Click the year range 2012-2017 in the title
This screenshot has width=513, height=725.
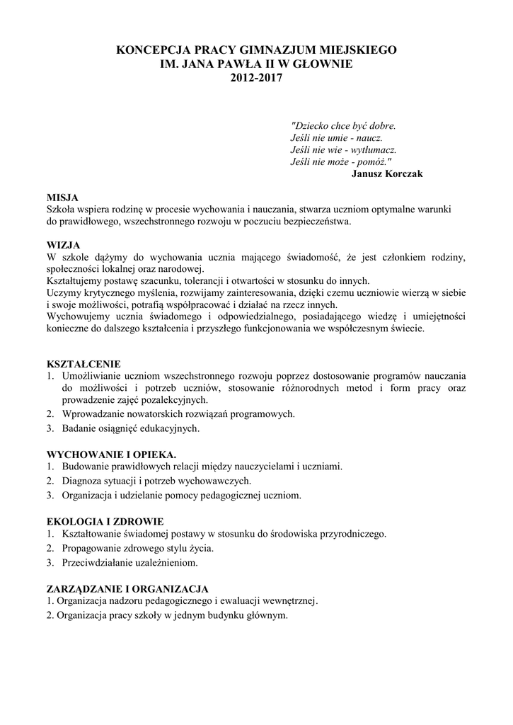pyautogui.click(x=256, y=79)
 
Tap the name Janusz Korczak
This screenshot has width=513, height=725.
pyautogui.click(x=387, y=174)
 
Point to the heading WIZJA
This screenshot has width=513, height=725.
pyautogui.click(x=63, y=244)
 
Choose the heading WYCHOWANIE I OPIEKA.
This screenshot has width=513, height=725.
pyautogui.click(x=111, y=453)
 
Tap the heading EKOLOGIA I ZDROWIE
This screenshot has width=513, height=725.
pyautogui.click(x=105, y=520)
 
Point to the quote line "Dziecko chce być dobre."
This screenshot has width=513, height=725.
pyautogui.click(x=343, y=126)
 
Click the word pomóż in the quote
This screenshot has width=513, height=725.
pyautogui.click(x=373, y=162)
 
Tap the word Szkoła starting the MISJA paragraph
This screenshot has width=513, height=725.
pyautogui.click(x=62, y=210)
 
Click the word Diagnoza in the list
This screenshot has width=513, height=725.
pyautogui.click(x=83, y=481)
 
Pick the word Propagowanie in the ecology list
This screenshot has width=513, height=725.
pyautogui.click(x=94, y=548)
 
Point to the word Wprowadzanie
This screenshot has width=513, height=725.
pyautogui.click(x=96, y=413)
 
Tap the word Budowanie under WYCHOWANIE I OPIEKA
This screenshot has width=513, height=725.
pyautogui.click(x=86, y=466)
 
